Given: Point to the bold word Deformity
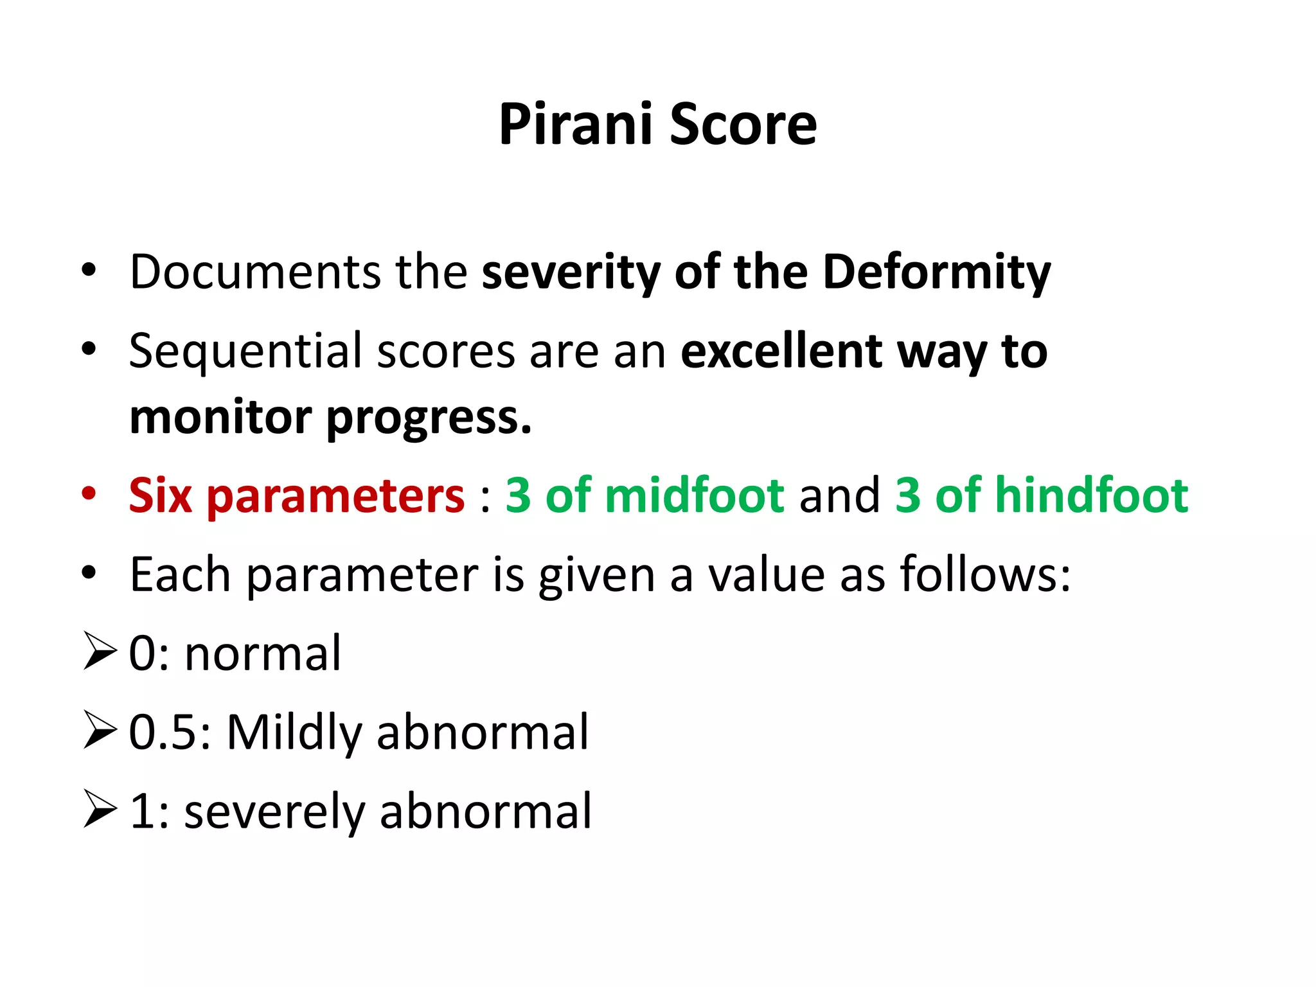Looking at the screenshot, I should (936, 272).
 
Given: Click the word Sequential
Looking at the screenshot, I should (245, 351).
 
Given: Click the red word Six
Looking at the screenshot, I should (161, 495).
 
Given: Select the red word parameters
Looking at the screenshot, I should (335, 497).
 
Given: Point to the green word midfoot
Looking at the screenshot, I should (695, 495).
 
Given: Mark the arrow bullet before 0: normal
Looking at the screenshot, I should (100, 652).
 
